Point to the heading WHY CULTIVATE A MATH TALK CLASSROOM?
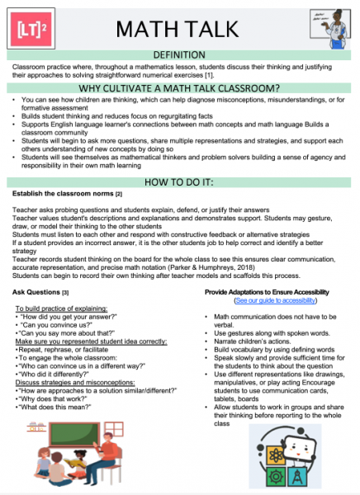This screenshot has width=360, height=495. tap(179, 89)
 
